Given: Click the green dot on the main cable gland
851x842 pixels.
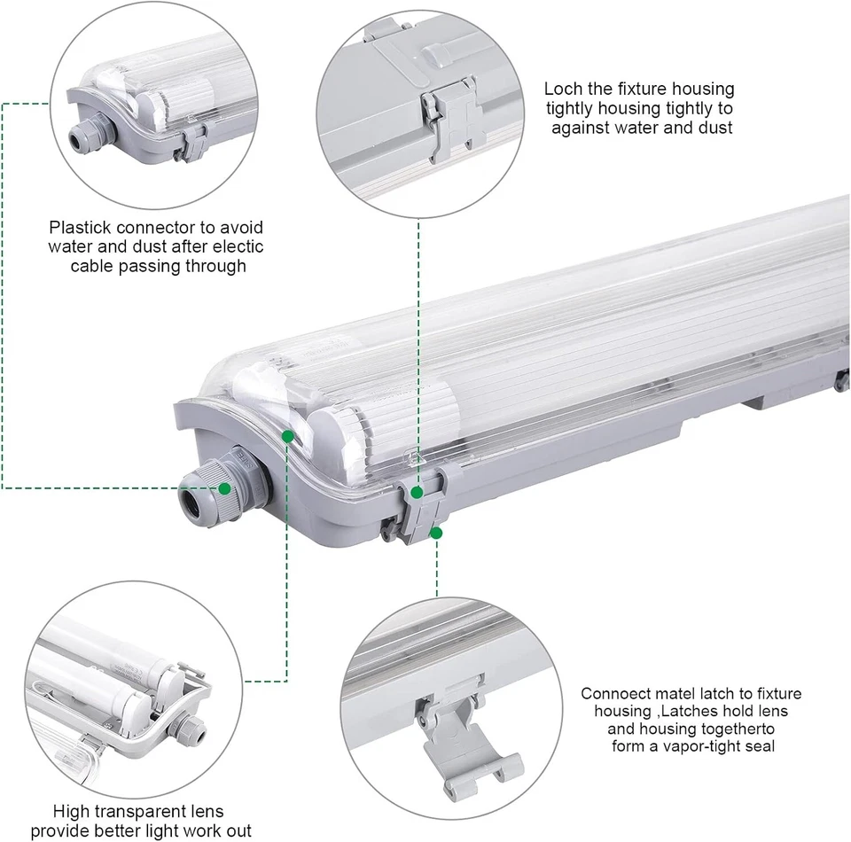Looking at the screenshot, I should pyautogui.click(x=225, y=487).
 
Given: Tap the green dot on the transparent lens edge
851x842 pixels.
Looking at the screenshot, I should pyautogui.click(x=288, y=436).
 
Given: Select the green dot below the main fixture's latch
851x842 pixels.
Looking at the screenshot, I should pyautogui.click(x=436, y=534).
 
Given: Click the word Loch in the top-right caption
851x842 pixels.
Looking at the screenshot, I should pyautogui.click(x=564, y=89).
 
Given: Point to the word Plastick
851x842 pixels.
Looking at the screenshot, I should pyautogui.click(x=85, y=228).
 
